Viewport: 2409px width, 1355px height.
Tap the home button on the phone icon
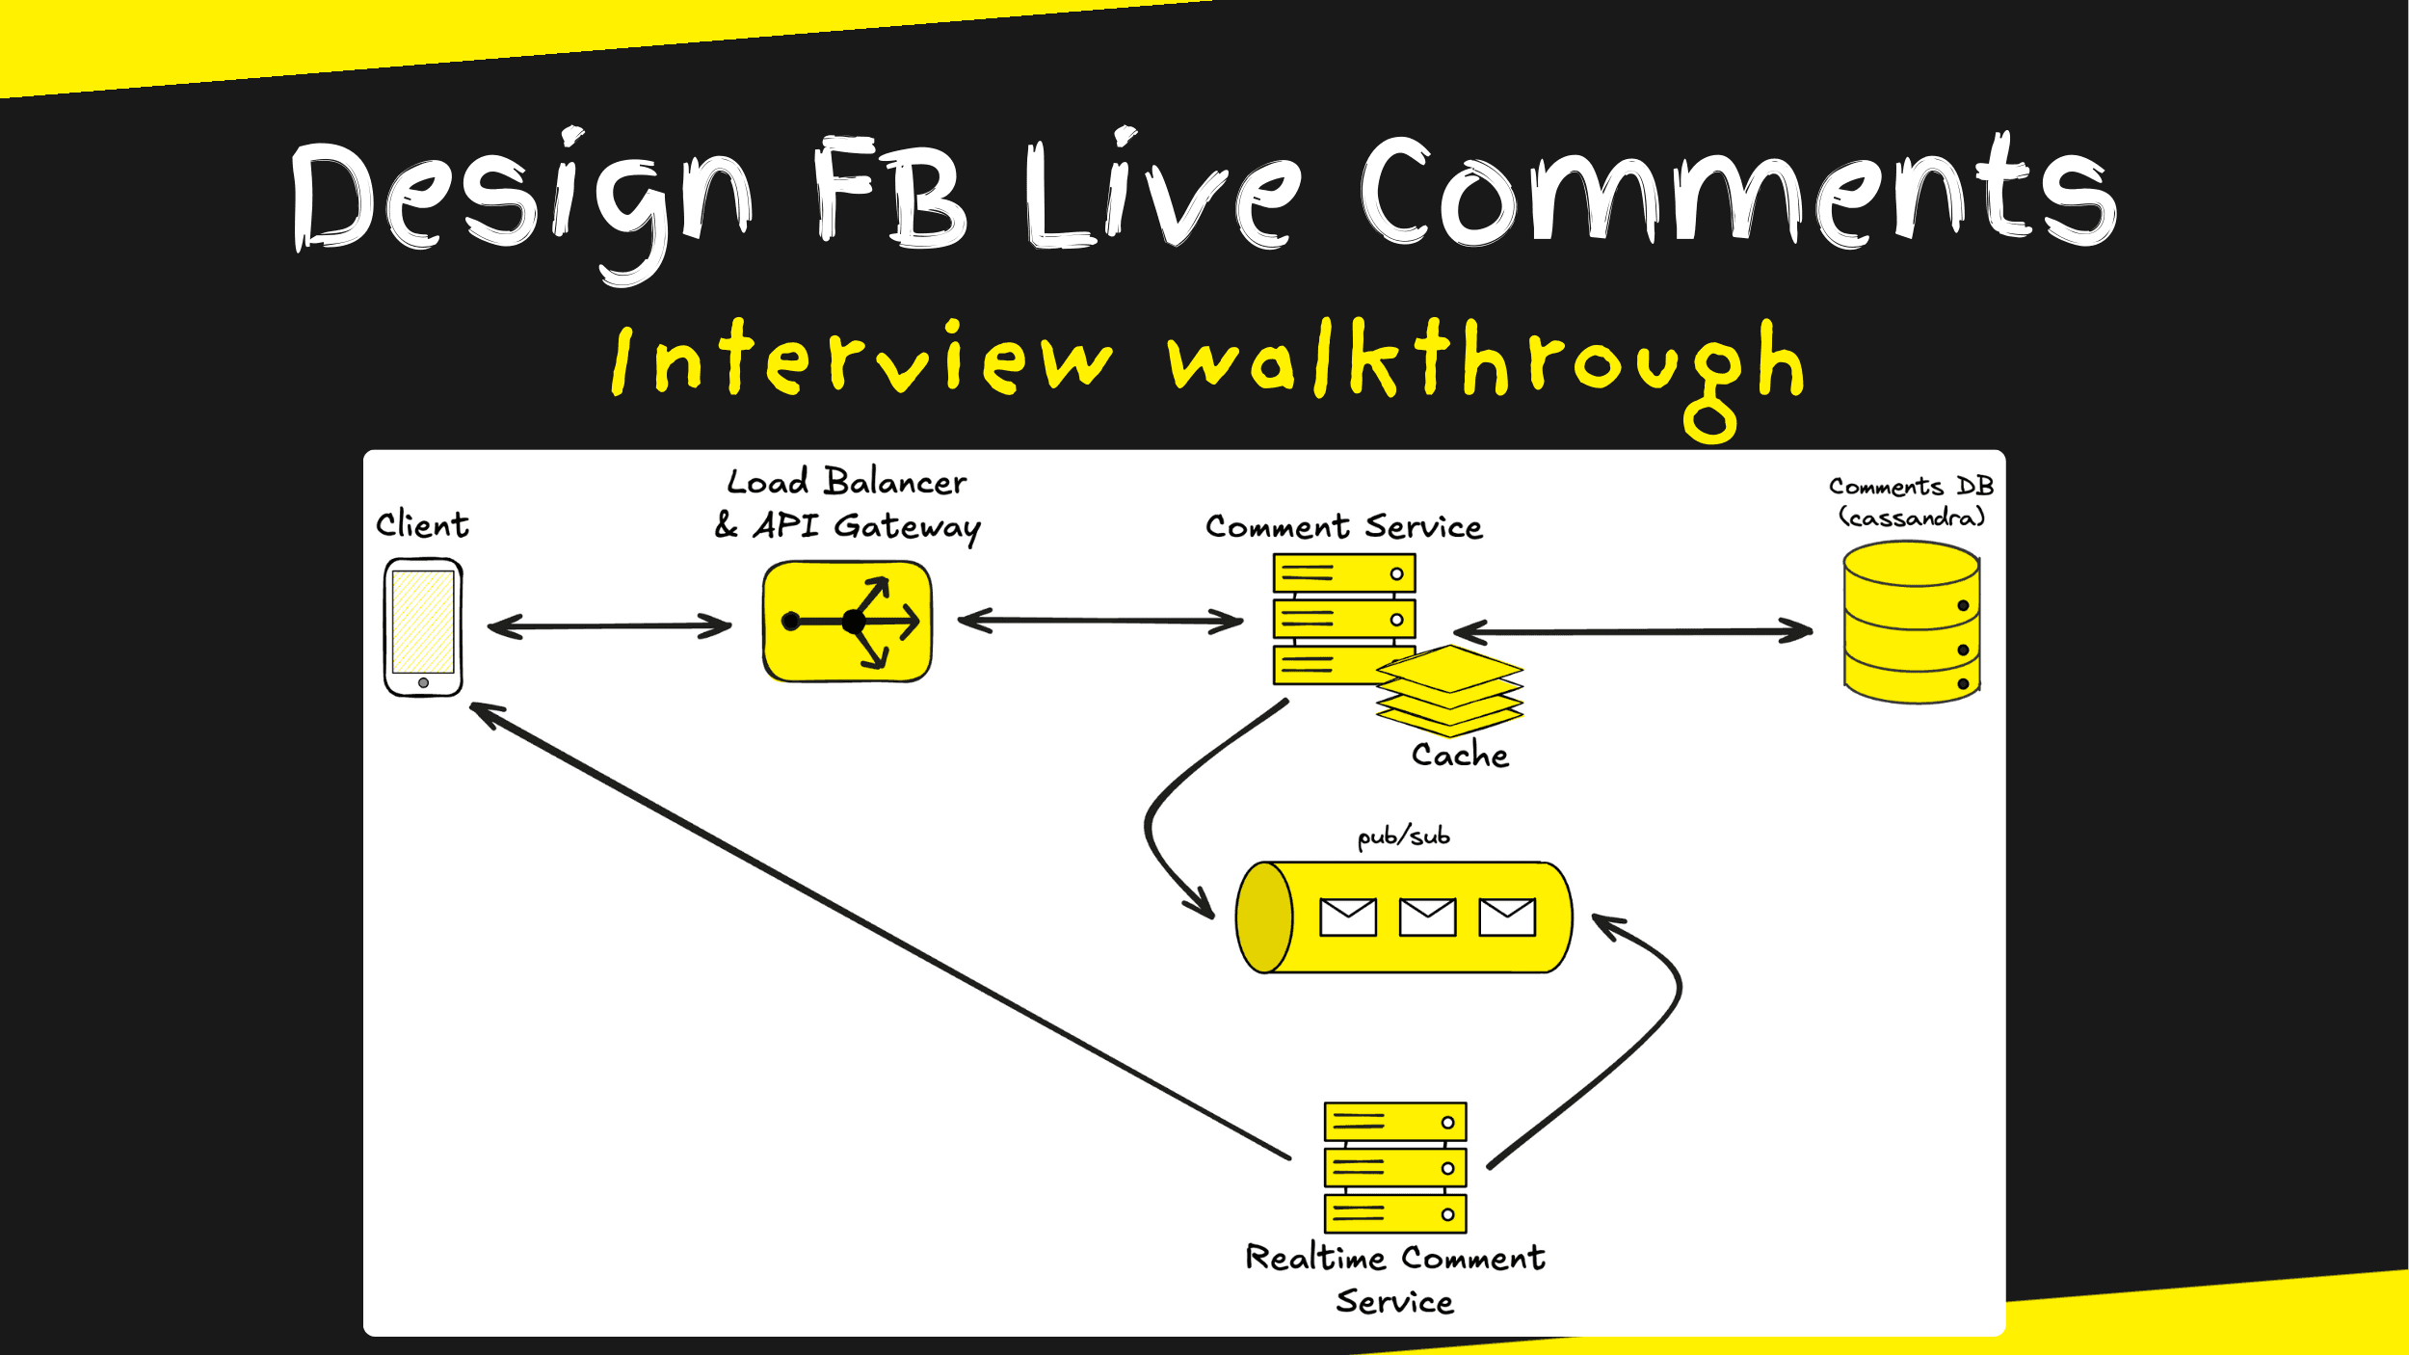pos(423,682)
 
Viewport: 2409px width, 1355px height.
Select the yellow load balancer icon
pos(847,622)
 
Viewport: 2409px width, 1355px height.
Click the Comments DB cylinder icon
pos(1911,622)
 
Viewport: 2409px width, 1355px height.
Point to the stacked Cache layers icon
pos(1449,691)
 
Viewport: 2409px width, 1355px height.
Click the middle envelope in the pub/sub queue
pos(1427,917)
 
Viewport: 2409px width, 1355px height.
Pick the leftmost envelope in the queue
pos(1347,917)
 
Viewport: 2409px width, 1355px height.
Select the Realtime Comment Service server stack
pos(1395,1167)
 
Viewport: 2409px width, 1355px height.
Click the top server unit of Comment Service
pos(1343,573)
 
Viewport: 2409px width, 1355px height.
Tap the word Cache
pos(1460,755)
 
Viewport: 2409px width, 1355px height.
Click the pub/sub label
pos(1403,836)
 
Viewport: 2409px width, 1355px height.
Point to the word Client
pos(422,524)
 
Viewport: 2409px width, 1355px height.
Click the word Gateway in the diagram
pos(907,526)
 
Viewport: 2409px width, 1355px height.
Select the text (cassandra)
pos(1912,518)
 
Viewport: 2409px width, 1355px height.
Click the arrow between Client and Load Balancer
pos(610,626)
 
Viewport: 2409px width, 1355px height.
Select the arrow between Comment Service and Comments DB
pos(1632,631)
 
